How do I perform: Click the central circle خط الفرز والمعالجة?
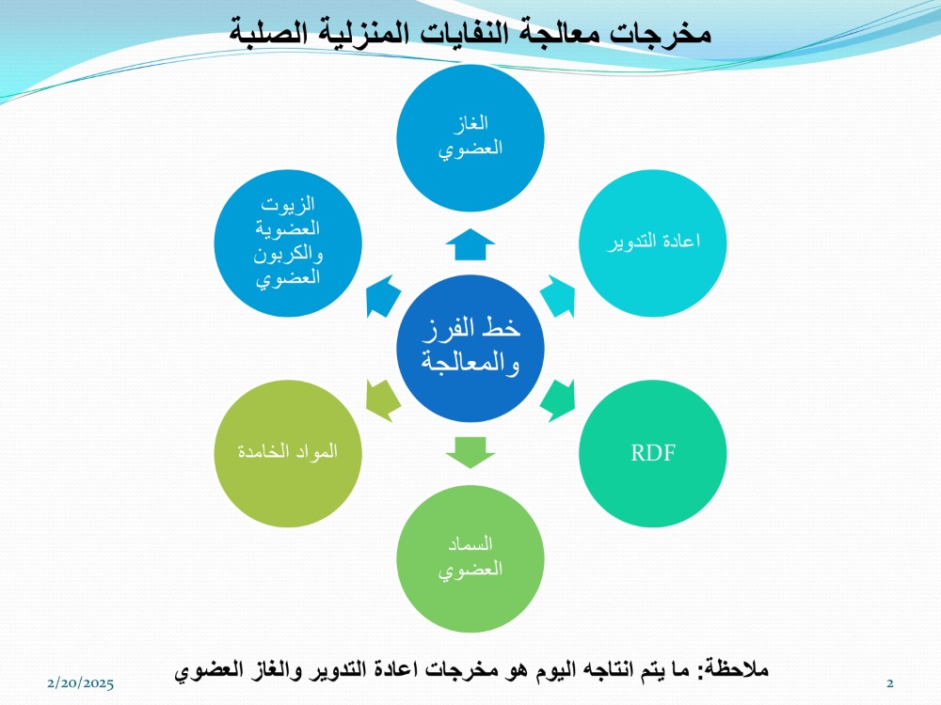pyautogui.click(x=470, y=349)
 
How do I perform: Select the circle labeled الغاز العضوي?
pyautogui.click(x=470, y=138)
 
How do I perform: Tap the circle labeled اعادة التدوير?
pyautogui.click(x=653, y=243)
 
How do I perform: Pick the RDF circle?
pyautogui.click(x=653, y=453)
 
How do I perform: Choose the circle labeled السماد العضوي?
pyautogui.click(x=470, y=558)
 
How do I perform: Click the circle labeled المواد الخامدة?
pyautogui.click(x=288, y=453)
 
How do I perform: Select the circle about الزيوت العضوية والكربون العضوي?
pyautogui.click(x=288, y=243)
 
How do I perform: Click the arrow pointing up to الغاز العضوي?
pyautogui.click(x=470, y=244)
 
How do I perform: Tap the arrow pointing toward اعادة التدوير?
pyautogui.click(x=559, y=295)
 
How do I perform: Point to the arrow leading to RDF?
pyautogui.click(x=559, y=400)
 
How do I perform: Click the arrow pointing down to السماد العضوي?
pyautogui.click(x=470, y=453)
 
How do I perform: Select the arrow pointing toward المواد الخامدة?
pyautogui.click(x=382, y=400)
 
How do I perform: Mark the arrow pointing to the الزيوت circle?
pyautogui.click(x=382, y=295)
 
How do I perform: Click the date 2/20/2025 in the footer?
pyautogui.click(x=80, y=682)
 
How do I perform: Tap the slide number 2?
pyautogui.click(x=890, y=682)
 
